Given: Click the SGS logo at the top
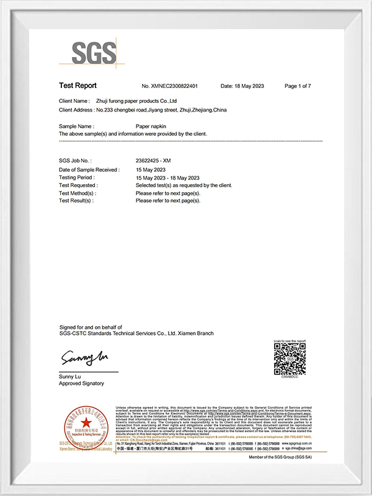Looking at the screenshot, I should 94,53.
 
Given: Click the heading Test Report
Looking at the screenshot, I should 77,86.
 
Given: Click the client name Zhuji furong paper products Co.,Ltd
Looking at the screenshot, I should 138,100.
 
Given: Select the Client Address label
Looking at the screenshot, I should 76,110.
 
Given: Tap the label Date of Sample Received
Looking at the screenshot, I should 88,170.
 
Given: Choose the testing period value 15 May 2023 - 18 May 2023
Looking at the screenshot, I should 167,178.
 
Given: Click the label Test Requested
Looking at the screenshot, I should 77,185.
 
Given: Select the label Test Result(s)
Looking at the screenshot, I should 76,201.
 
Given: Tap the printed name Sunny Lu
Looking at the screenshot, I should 71,376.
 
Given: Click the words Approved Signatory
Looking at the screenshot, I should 81,384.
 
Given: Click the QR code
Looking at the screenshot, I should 290,359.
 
